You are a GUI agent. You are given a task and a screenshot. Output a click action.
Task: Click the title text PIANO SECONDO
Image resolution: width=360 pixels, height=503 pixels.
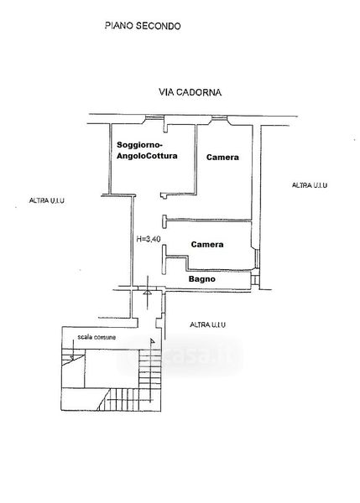tap(143, 26)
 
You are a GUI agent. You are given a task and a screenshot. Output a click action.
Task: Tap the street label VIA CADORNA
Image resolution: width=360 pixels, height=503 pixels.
tap(190, 92)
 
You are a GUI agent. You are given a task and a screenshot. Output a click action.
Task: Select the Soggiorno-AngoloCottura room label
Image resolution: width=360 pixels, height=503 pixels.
tap(147, 150)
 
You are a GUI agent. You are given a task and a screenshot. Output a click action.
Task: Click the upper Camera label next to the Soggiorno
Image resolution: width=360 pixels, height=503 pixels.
tap(222, 158)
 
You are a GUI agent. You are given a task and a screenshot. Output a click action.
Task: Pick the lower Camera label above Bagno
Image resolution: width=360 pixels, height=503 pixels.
tap(207, 245)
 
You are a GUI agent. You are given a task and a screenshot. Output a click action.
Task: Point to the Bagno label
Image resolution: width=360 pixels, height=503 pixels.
tap(202, 279)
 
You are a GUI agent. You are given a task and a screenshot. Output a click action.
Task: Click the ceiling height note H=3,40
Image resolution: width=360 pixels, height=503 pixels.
tap(149, 239)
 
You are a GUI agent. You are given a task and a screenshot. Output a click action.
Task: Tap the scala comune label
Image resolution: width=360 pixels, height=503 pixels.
tap(97, 337)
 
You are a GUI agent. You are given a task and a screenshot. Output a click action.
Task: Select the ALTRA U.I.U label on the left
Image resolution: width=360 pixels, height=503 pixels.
tap(46, 201)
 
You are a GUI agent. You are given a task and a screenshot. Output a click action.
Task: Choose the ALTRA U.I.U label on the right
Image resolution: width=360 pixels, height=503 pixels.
tap(310, 185)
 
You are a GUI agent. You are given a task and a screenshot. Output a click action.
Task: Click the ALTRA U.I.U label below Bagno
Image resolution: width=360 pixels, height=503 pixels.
tap(208, 325)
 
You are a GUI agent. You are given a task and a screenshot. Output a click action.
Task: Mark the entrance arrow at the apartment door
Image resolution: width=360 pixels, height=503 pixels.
tap(148, 292)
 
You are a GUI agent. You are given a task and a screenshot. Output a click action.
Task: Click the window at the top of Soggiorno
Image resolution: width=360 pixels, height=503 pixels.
tap(154, 118)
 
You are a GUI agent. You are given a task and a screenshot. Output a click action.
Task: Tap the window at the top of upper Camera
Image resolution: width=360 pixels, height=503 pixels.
tap(219, 119)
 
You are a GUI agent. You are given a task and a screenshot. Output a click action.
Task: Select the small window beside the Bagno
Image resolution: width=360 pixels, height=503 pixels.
tap(254, 280)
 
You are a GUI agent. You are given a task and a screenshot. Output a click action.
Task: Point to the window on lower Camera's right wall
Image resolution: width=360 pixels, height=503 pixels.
tap(256, 258)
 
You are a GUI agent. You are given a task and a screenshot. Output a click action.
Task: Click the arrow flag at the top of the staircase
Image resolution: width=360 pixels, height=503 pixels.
tap(152, 341)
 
